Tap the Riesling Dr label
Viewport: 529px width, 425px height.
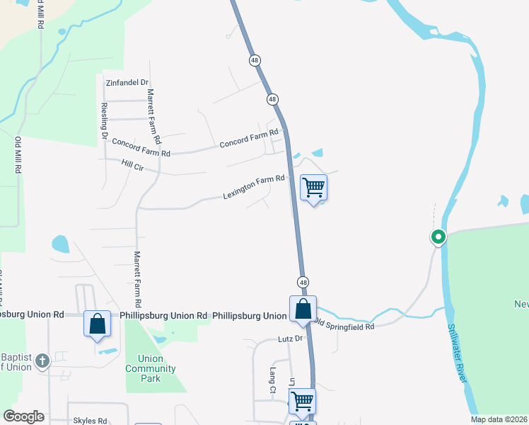104,120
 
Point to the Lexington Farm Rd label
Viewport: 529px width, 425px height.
254,186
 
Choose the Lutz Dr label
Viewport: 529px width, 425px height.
290,339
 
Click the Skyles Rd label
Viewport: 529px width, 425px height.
90,420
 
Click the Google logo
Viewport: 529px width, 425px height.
23,416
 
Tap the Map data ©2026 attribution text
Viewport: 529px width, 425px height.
499,419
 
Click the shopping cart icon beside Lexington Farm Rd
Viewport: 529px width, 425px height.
313,187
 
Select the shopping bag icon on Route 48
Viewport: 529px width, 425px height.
303,309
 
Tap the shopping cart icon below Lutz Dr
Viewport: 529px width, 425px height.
303,401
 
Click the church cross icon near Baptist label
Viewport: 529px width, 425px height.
42,361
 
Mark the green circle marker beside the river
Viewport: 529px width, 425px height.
438,237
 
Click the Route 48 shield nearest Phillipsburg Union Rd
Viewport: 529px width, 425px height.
303,282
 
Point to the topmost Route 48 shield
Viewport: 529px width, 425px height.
255,61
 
